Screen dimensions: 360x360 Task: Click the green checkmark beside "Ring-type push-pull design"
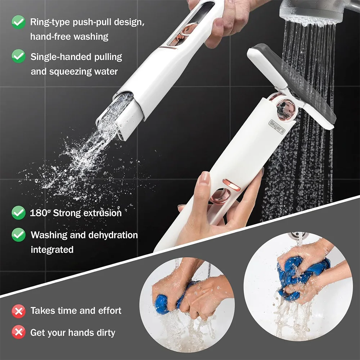coord(18,22)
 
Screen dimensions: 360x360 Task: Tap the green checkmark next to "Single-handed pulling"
coord(18,57)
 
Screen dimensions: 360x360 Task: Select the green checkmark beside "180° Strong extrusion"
coord(18,213)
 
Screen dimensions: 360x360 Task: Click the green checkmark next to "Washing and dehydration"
coord(18,235)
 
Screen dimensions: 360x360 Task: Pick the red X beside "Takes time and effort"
coord(18,311)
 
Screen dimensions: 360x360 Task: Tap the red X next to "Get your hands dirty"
coord(18,332)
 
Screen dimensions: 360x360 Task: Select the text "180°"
coord(40,213)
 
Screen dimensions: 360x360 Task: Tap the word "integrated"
coord(52,249)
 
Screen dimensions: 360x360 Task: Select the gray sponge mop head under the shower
coord(302,83)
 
